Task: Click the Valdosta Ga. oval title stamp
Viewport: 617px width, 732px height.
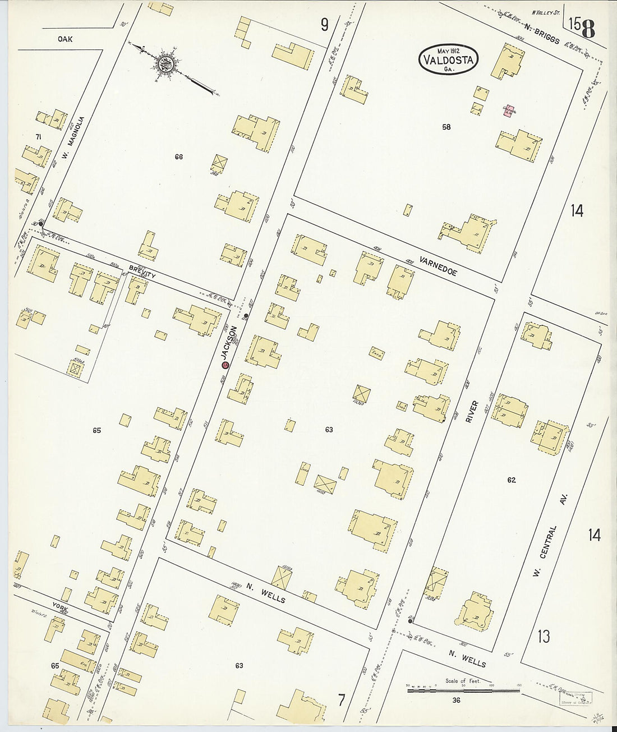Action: tap(448, 58)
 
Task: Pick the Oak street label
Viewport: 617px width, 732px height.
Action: tap(65, 39)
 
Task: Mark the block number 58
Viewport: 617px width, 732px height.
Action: tap(446, 127)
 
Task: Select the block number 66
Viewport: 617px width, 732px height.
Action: tap(178, 157)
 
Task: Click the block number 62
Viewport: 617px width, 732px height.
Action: tap(511, 480)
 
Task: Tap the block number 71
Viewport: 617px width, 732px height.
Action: tap(38, 137)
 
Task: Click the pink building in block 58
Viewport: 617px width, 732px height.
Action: tap(508, 111)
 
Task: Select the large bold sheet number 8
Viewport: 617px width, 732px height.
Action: tap(588, 27)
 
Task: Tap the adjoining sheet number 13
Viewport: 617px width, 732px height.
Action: tap(543, 637)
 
